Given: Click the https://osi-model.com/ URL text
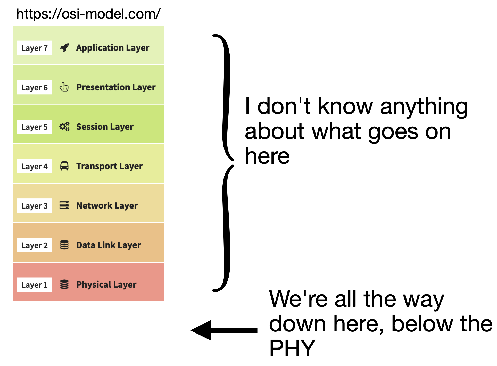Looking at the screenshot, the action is point(88,14).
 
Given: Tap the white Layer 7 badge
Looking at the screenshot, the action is point(35,48).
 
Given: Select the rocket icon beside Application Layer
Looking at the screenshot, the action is point(64,48).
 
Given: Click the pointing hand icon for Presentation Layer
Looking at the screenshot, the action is point(64,87).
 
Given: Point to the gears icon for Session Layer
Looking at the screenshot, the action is point(64,127).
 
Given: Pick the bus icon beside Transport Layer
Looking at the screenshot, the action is point(64,166).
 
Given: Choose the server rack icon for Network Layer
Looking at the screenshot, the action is point(64,205).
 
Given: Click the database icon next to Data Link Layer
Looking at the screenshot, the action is point(64,245).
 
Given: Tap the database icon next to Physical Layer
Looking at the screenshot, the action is point(64,284).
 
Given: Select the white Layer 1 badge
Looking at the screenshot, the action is point(35,285).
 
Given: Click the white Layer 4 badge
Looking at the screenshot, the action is point(35,166).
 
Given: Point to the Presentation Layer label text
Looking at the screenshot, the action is point(116,87).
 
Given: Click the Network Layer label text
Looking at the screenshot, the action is point(107,206).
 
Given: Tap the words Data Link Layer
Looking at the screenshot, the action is point(109,245).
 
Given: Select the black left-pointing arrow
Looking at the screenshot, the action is point(224,330).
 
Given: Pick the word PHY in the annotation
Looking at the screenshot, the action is point(292,348).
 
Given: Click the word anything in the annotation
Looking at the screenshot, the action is point(424,107).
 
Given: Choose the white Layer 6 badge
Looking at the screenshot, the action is point(35,87).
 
